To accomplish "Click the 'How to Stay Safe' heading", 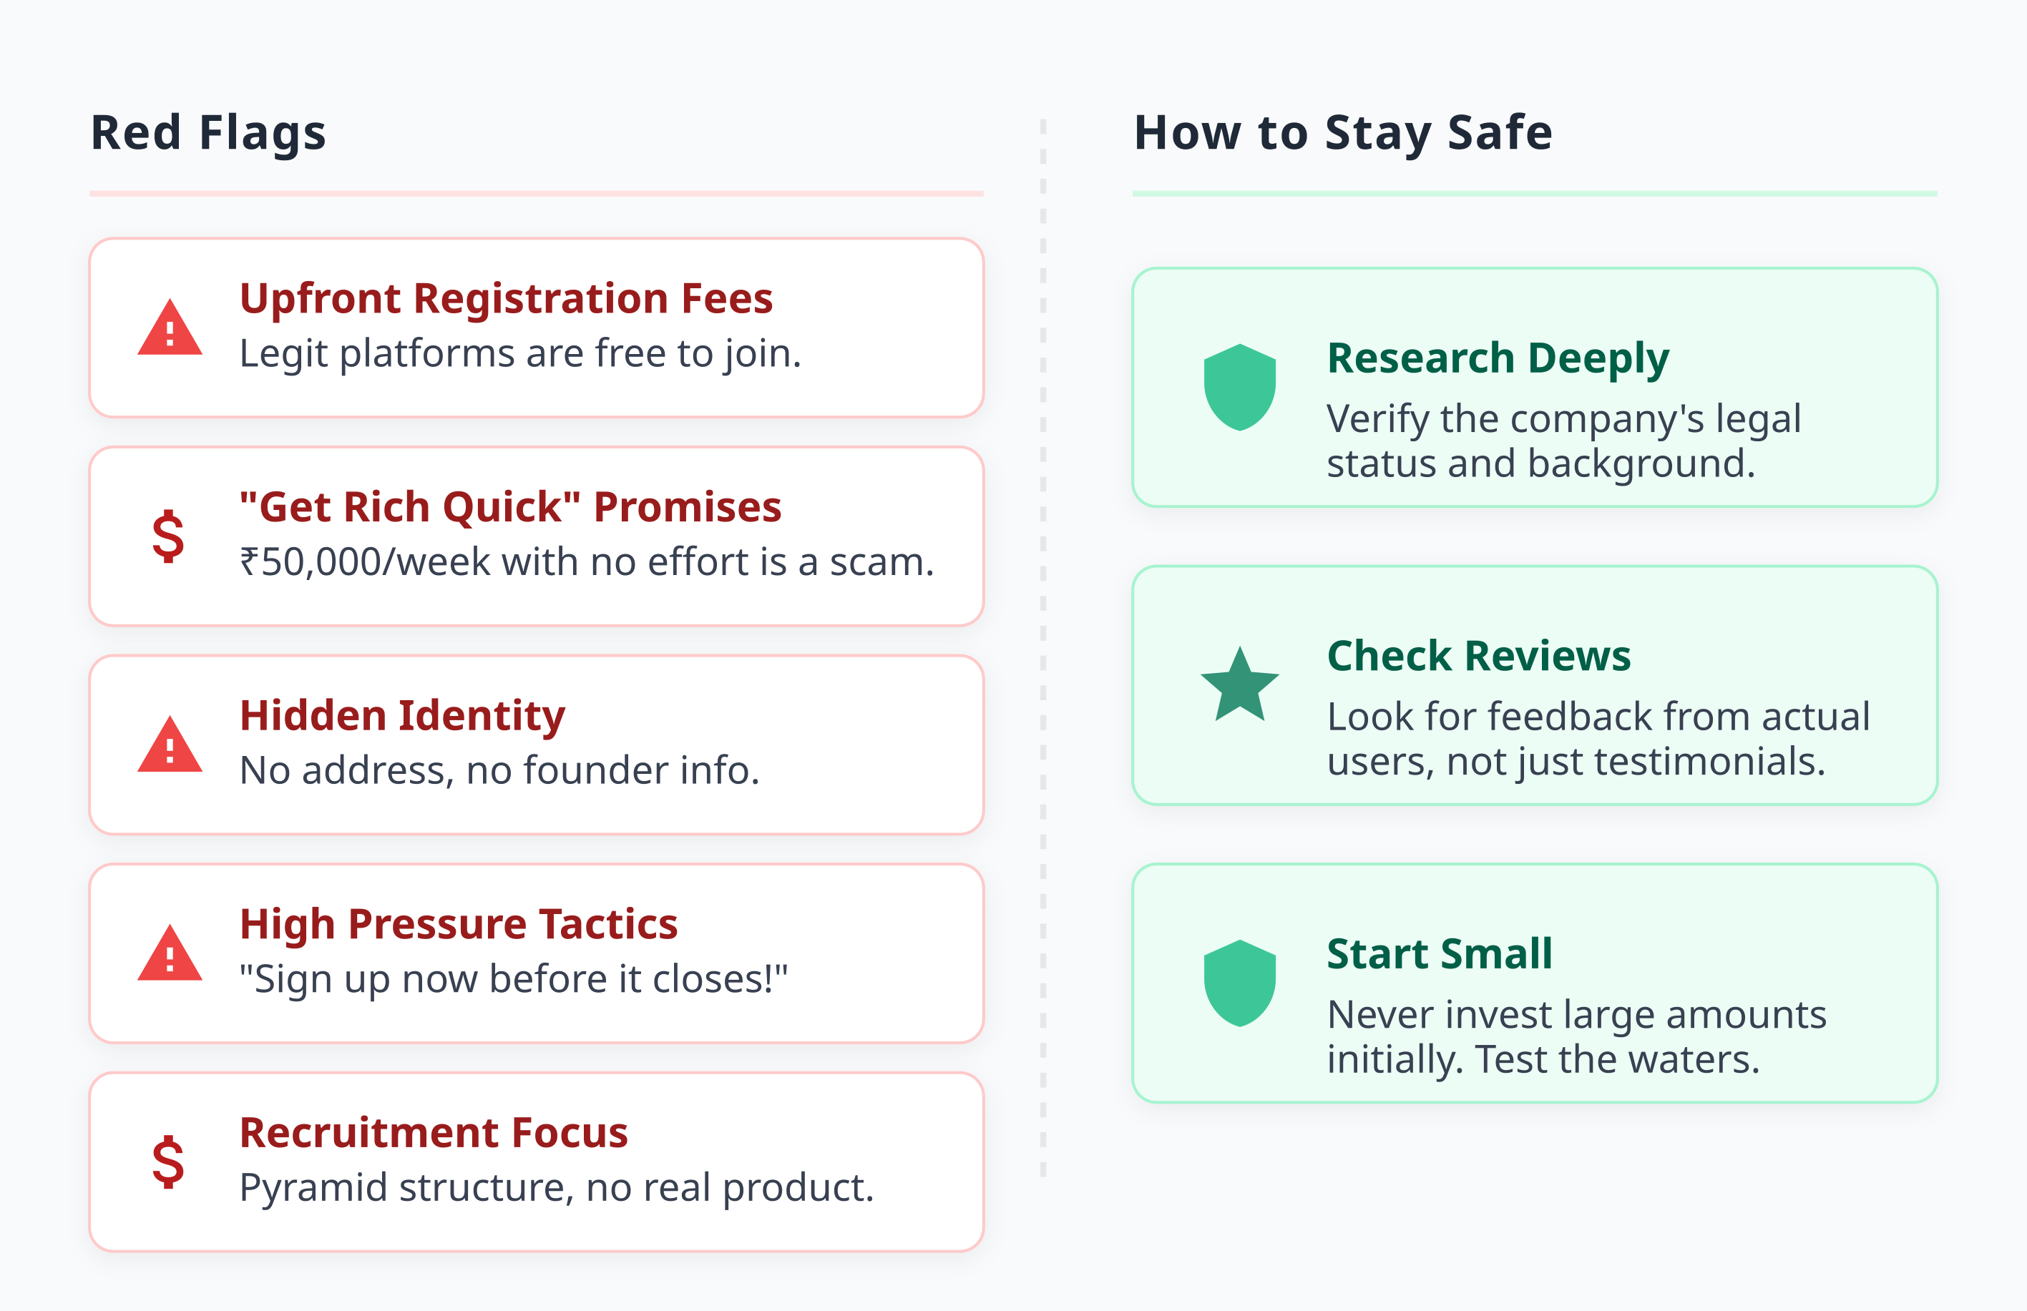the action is point(1343,134).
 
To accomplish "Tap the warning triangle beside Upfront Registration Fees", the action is point(170,328).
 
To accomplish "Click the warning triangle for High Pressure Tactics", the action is point(170,954).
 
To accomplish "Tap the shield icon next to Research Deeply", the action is point(1240,388).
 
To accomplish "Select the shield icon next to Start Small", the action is point(1240,983).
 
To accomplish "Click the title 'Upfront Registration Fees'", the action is point(506,299).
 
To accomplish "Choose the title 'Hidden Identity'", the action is point(402,716).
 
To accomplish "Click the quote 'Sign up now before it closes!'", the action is point(514,979).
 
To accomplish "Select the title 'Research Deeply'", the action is point(1498,358).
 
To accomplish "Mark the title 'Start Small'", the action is point(1440,954).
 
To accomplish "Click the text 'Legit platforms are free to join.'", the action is point(520,353).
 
